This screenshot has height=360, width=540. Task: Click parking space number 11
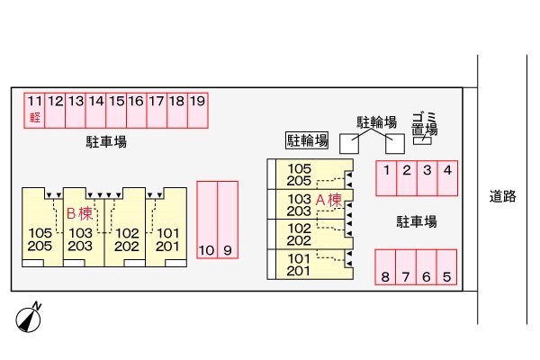pos(34,110)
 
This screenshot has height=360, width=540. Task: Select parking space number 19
pos(197,110)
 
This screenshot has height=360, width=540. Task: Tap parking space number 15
pos(116,110)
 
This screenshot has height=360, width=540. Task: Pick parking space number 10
pos(206,220)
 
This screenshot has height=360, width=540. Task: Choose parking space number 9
pos(227,220)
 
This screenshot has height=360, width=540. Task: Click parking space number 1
pos(386,177)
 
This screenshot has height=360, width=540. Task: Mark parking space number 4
pos(447,177)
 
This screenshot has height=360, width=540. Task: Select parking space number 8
pos(386,267)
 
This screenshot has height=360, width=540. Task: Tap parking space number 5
pos(447,267)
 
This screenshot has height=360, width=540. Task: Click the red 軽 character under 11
pos(34,118)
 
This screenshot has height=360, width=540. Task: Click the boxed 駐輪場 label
pos(307,140)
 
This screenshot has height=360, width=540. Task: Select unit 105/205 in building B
pos(40,239)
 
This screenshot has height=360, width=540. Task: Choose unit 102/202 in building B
pos(127,239)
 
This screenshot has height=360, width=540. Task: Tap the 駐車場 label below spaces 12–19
pos(106,143)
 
